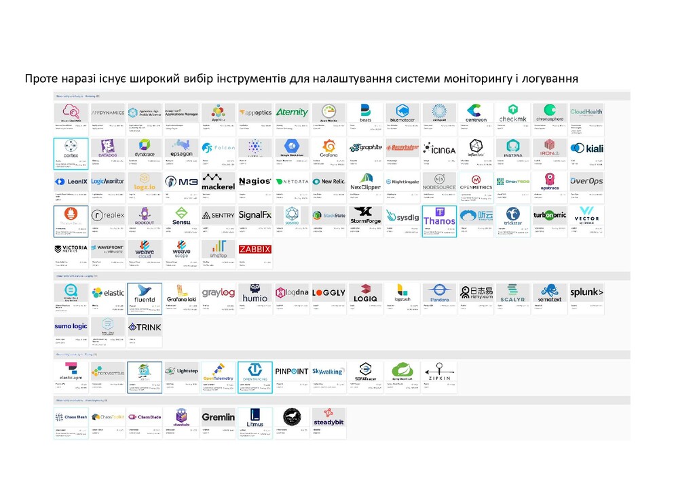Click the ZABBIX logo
[255, 250]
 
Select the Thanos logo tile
[439, 218]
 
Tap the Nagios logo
[255, 182]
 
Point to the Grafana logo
[328, 147]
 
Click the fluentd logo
[145, 294]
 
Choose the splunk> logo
[586, 293]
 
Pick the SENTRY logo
[218, 216]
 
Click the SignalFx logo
[255, 216]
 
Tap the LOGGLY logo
[328, 293]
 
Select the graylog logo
[218, 293]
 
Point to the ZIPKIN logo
[439, 372]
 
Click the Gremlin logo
[218, 417]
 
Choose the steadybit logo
[328, 418]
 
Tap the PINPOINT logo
[292, 372]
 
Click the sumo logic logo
[71, 327]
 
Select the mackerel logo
[218, 182]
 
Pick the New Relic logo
[328, 182]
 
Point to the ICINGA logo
[439, 148]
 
